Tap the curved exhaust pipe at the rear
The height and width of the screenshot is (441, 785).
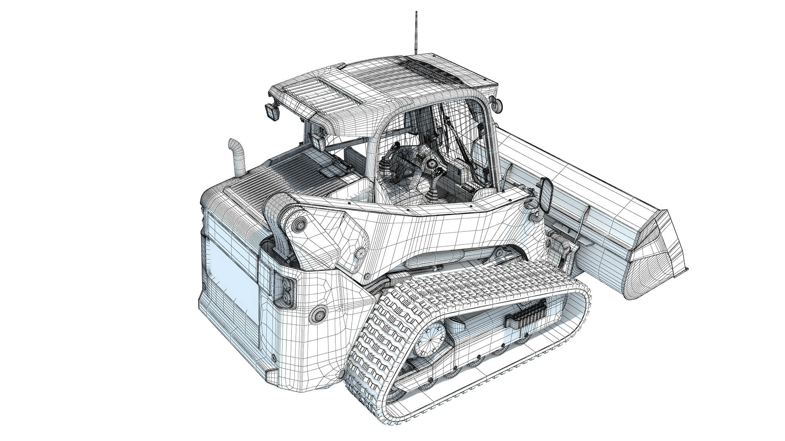[x=237, y=157]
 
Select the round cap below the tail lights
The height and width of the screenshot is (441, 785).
[x=318, y=314]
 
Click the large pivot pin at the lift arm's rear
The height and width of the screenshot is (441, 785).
[x=300, y=225]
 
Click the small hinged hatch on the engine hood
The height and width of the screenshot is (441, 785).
[x=330, y=171]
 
